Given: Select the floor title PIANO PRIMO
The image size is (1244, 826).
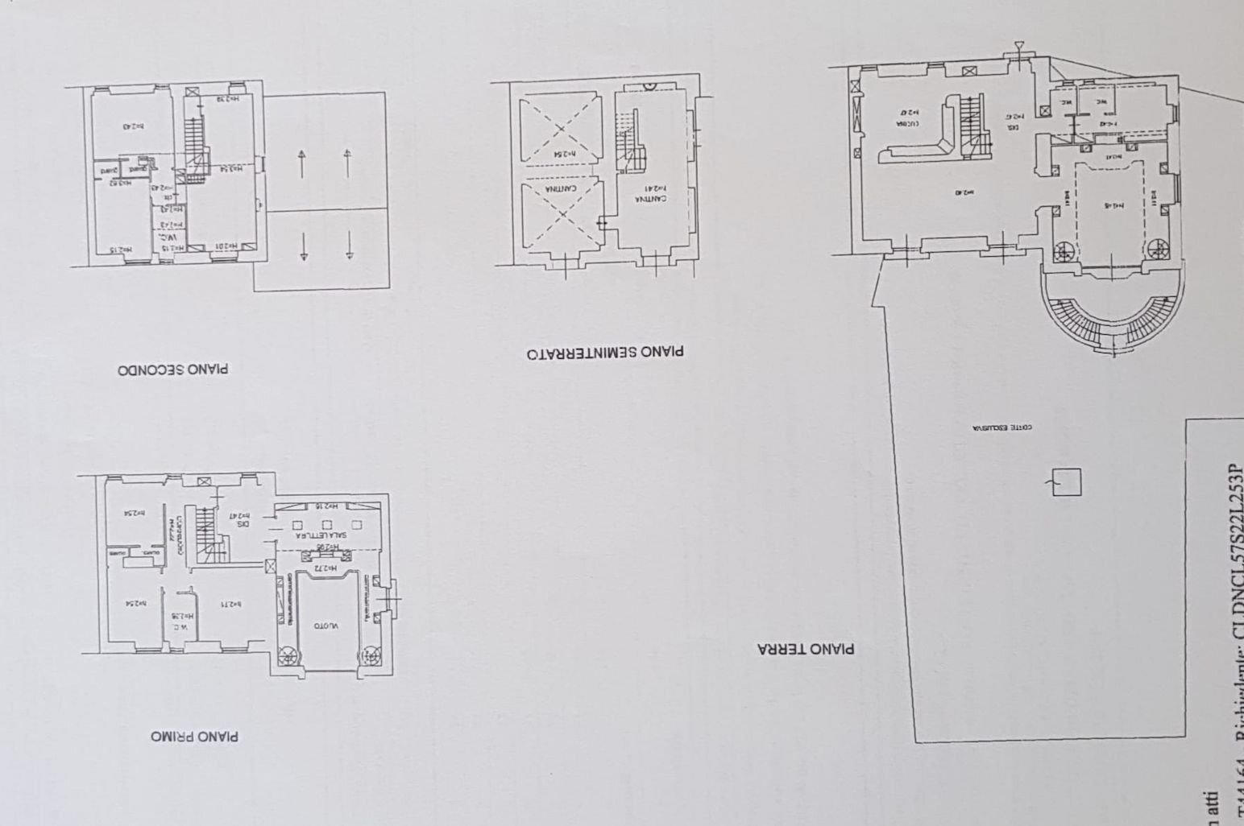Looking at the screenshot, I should [194, 737].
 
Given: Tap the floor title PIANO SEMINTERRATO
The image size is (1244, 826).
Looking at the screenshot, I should [605, 352].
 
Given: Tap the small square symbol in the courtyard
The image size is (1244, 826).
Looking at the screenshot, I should [1066, 482].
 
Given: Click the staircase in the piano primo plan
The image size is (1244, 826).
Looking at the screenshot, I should [208, 533].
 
